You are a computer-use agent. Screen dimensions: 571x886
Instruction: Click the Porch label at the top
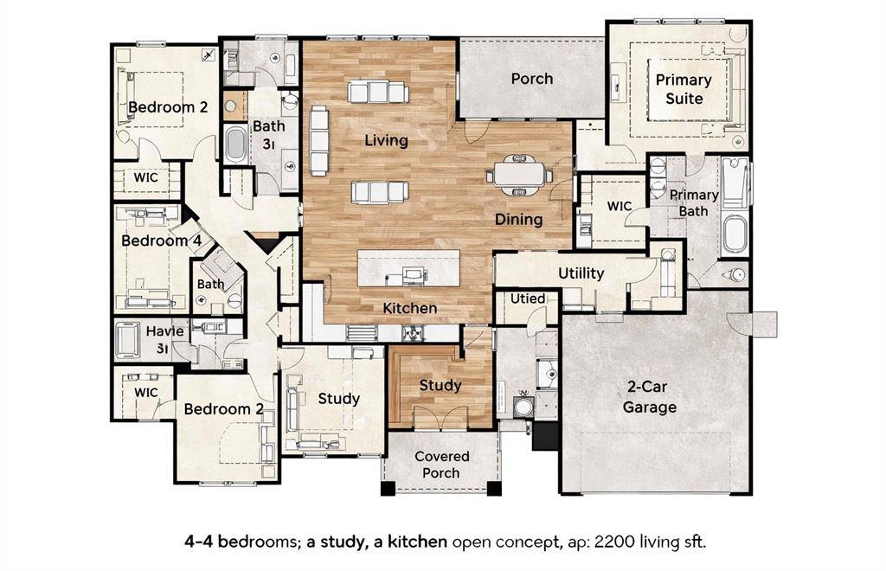(531, 79)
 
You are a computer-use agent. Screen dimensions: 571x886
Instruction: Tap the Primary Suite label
(683, 89)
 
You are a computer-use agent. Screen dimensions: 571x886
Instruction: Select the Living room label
(386, 140)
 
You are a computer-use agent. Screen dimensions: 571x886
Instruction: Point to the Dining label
(518, 220)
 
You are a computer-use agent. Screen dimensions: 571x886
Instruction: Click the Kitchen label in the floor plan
(410, 308)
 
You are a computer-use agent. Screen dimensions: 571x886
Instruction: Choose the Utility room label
(581, 273)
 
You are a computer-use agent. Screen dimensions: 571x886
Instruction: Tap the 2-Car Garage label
(650, 398)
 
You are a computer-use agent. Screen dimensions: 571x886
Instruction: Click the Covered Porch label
(441, 465)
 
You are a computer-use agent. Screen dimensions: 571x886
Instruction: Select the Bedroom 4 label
(156, 241)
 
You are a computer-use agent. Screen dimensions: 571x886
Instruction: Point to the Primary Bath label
(694, 203)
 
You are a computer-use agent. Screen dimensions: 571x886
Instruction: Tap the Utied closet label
(528, 298)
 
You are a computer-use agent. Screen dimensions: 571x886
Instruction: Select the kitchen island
(408, 269)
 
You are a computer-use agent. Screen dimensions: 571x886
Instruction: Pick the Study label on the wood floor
(440, 385)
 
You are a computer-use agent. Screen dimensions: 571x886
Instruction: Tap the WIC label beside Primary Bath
(620, 206)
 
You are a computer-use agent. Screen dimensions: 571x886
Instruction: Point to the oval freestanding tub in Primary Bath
(735, 234)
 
